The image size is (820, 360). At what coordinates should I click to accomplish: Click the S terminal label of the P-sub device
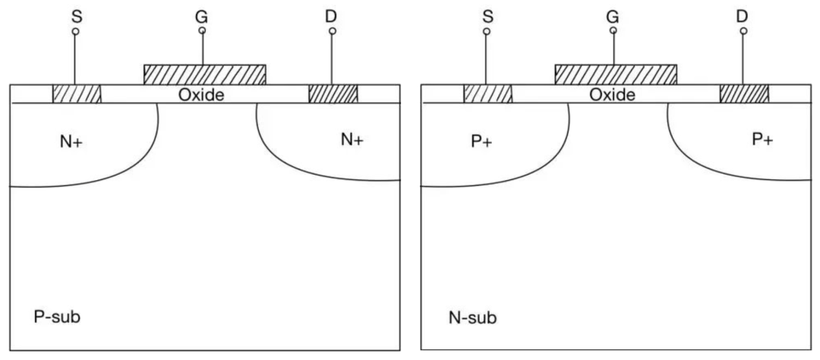point(75,14)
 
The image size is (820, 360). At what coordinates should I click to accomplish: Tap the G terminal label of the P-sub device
point(202,14)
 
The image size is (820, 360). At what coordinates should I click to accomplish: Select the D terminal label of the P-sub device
point(332,14)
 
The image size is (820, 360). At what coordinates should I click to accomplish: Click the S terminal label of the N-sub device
point(486,14)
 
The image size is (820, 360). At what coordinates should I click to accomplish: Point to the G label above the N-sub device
point(613,14)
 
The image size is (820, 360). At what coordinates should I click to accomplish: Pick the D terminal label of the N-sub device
point(743,14)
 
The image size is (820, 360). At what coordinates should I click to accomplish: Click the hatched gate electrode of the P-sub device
point(205,74)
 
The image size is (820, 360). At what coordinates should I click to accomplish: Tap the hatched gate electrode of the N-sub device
point(616,74)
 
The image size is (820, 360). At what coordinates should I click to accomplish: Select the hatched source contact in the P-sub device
point(77,93)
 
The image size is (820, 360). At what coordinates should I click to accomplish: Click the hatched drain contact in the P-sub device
point(333,93)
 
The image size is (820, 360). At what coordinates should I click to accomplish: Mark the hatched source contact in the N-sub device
point(487,93)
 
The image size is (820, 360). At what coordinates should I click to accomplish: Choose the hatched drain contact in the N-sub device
point(744,93)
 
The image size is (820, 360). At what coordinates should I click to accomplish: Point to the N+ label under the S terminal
point(71,142)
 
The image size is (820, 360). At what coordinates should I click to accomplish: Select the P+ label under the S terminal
point(481,142)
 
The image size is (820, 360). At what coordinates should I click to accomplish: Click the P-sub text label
point(57,315)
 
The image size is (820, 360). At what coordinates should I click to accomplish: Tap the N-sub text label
point(468,315)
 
